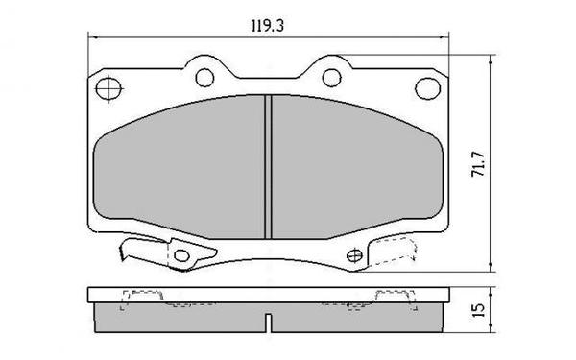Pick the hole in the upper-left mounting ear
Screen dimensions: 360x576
click(x=203, y=76)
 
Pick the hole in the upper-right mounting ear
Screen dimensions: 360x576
click(x=330, y=76)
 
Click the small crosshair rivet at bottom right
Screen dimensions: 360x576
click(x=353, y=254)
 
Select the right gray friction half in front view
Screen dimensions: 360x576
click(x=355, y=168)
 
